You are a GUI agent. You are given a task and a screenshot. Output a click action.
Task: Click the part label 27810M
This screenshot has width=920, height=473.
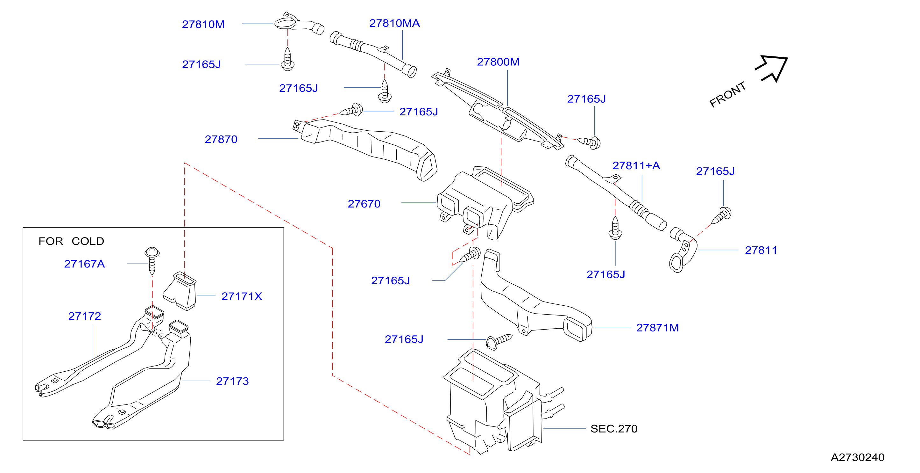click(203, 24)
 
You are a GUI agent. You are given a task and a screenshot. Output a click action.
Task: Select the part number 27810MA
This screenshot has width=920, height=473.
click(394, 23)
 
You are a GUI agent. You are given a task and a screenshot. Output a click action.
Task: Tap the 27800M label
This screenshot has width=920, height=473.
click(498, 62)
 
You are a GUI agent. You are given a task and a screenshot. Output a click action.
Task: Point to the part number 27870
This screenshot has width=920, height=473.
click(221, 139)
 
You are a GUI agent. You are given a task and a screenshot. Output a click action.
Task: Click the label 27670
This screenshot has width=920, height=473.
click(364, 204)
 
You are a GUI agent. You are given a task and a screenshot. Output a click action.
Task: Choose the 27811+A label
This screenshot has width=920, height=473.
click(636, 165)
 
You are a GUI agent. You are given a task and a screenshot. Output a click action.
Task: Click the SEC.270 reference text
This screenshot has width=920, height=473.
click(613, 429)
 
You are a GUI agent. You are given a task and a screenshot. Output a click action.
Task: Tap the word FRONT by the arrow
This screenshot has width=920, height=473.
click(727, 94)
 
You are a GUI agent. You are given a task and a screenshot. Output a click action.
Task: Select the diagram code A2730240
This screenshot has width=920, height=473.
click(858, 457)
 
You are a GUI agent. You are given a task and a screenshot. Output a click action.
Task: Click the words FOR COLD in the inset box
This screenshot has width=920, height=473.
click(71, 241)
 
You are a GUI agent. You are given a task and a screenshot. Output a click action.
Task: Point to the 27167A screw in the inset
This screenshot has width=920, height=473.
click(152, 260)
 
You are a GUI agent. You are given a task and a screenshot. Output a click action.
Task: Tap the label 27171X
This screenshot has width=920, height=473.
click(242, 296)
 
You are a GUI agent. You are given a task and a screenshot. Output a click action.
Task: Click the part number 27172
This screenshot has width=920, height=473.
click(85, 316)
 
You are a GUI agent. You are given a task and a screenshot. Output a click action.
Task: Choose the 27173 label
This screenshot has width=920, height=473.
click(232, 381)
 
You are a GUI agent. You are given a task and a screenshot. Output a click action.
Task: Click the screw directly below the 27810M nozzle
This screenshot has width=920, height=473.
click(287, 59)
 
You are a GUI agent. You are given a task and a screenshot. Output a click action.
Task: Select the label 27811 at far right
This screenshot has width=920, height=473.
click(761, 250)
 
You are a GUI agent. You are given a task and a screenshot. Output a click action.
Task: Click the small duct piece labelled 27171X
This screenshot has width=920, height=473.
click(180, 291)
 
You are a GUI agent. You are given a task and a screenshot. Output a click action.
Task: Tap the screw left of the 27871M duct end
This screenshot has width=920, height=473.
click(499, 341)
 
